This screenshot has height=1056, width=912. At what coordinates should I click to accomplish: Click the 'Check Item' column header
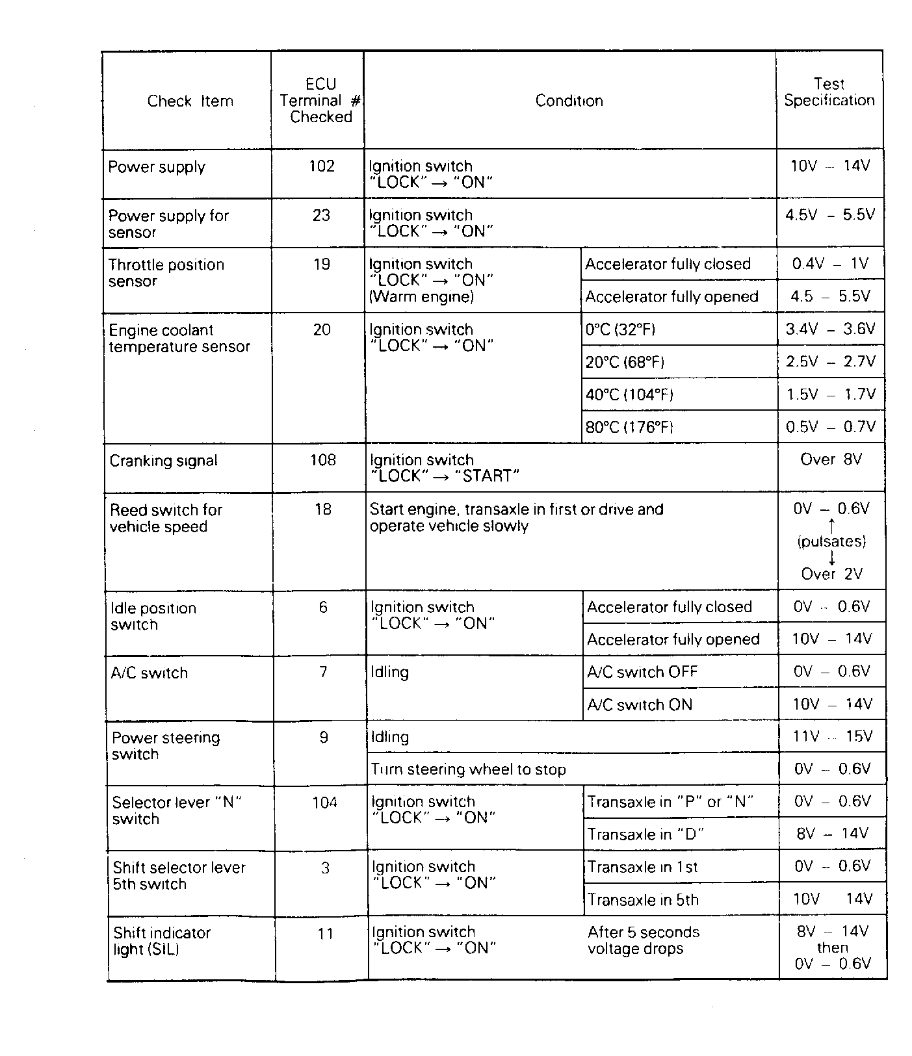pyautogui.click(x=190, y=101)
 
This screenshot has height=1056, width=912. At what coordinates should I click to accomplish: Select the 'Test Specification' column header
pyautogui.click(x=829, y=92)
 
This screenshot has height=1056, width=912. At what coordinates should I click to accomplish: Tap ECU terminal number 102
pyautogui.click(x=321, y=166)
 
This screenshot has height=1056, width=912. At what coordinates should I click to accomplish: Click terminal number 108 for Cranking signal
pyautogui.click(x=323, y=461)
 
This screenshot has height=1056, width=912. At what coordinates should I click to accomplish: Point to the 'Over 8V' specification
pyautogui.click(x=831, y=460)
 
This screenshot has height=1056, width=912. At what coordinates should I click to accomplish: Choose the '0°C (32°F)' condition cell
pyautogui.click(x=620, y=330)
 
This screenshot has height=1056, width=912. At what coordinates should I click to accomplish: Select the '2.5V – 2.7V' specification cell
pyautogui.click(x=831, y=362)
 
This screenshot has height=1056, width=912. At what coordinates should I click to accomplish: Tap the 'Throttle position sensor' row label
pyautogui.click(x=166, y=273)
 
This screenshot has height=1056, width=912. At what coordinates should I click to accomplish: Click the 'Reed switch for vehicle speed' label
pyautogui.click(x=166, y=518)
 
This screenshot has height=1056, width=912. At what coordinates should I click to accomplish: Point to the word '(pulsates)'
pyautogui.click(x=831, y=541)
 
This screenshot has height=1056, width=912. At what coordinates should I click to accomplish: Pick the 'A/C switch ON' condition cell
pyautogui.click(x=640, y=705)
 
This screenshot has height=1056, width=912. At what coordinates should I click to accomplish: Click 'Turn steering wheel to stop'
pyautogui.click(x=468, y=770)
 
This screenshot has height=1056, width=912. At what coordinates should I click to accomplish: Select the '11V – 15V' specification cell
pyautogui.click(x=832, y=737)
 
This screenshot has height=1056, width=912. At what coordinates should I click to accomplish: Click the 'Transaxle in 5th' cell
pyautogui.click(x=643, y=901)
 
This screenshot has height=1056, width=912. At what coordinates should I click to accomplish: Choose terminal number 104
pyautogui.click(x=324, y=803)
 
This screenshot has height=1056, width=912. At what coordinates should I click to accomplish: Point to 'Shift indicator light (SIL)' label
pyautogui.click(x=162, y=941)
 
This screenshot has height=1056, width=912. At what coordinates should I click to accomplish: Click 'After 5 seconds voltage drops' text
pyautogui.click(x=643, y=940)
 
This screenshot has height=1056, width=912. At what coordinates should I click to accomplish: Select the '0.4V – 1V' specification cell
pyautogui.click(x=830, y=264)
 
